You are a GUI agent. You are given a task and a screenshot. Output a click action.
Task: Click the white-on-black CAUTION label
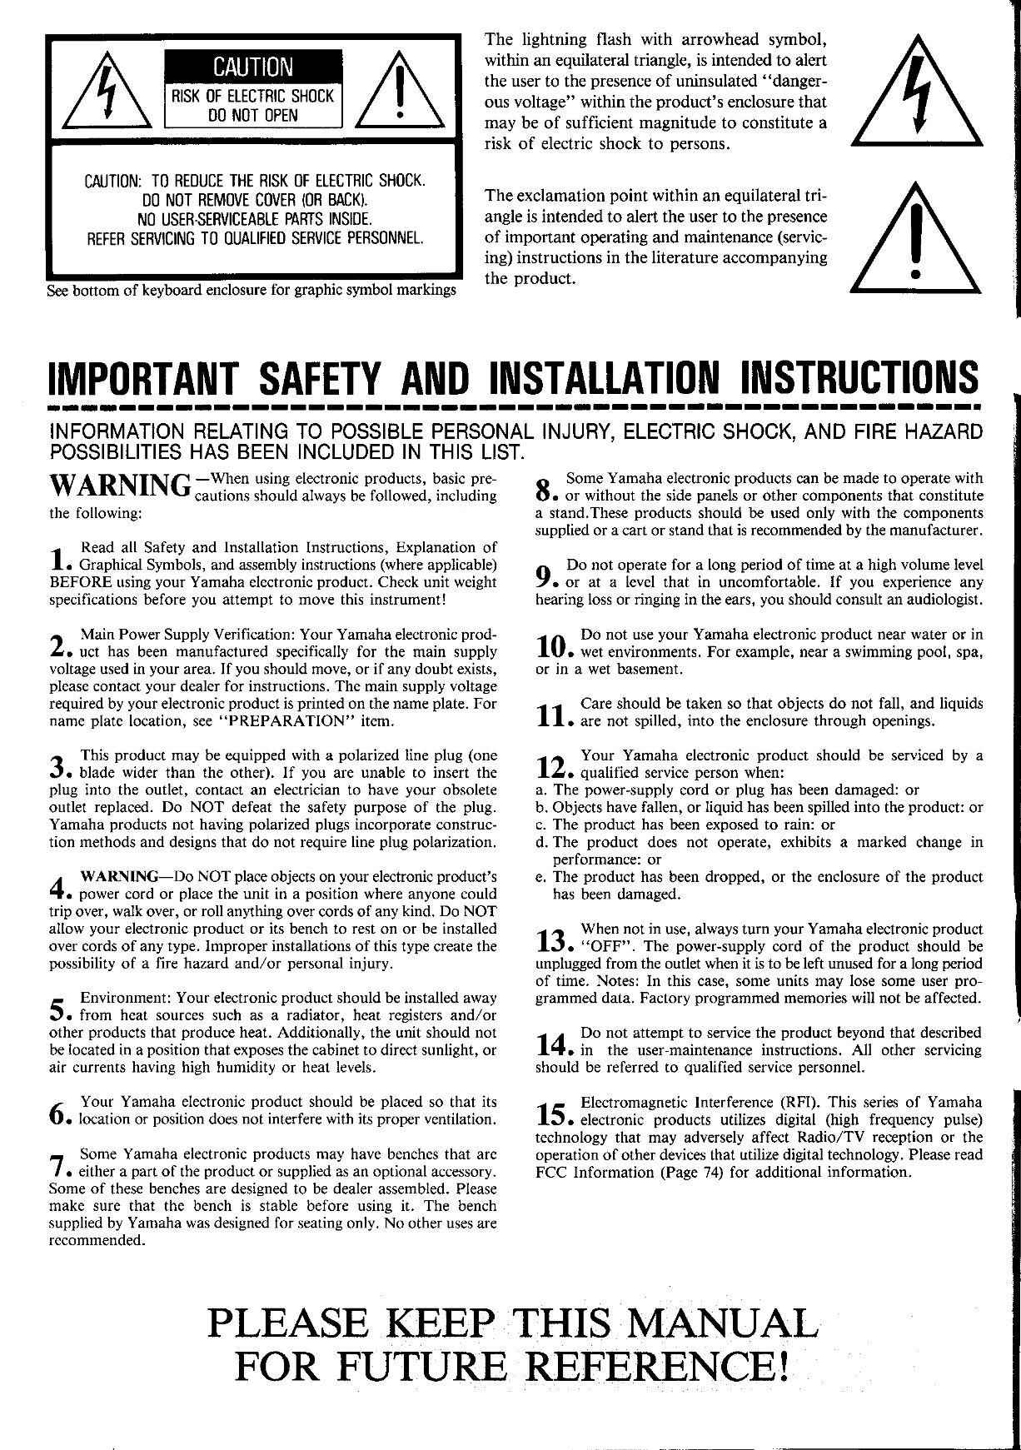(x=253, y=66)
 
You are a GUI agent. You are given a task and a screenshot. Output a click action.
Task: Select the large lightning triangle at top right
(x=915, y=92)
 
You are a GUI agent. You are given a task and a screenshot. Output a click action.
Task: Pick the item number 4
(x=57, y=884)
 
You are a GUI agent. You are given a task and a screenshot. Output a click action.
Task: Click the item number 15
(x=552, y=1113)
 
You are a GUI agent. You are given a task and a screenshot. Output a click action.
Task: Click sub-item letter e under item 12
(x=541, y=877)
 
